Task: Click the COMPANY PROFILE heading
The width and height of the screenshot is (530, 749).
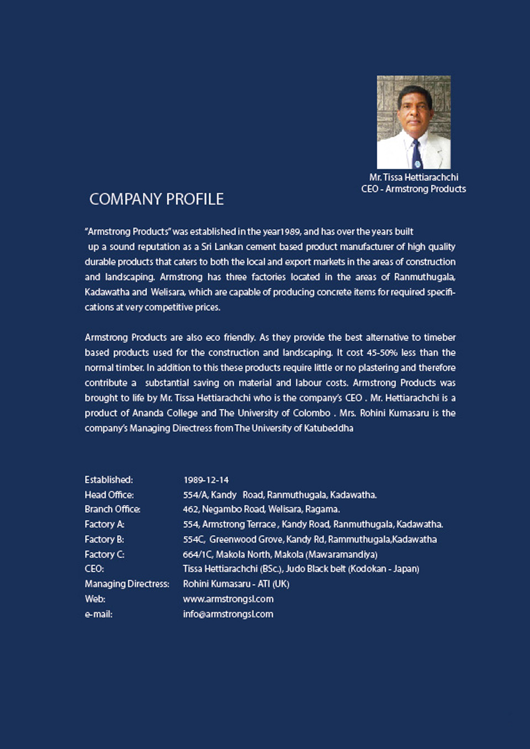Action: coord(156,199)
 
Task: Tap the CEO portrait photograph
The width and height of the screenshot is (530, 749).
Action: coord(414,122)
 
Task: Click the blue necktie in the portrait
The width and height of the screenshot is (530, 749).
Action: coord(416,155)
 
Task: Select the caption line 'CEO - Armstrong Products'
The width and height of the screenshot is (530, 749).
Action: coord(414,189)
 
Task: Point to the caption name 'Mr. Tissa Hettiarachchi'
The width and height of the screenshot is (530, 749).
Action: coord(414,177)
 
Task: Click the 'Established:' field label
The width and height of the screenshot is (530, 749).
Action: coord(109,479)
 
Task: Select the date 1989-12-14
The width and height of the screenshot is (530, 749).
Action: coord(205,480)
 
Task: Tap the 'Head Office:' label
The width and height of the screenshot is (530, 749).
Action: coord(109,494)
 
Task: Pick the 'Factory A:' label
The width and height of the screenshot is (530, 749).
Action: coord(104,524)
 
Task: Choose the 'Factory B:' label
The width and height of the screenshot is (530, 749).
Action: coord(104,539)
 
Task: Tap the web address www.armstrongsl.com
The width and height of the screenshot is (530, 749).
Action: coord(228,599)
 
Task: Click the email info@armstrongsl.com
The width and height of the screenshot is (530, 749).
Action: coord(228,614)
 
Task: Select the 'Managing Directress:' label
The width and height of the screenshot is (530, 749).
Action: coord(127,584)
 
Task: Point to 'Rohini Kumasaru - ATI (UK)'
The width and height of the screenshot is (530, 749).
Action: coord(236,584)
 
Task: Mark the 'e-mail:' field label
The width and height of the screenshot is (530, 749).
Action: coord(98,614)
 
